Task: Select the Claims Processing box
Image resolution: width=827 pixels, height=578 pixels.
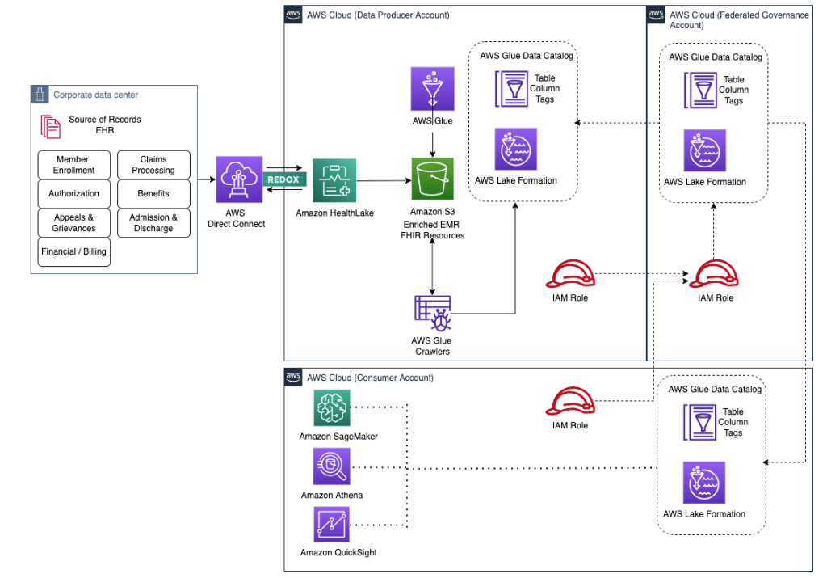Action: pyautogui.click(x=153, y=165)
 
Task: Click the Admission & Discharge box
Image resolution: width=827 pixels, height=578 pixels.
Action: pyautogui.click(x=153, y=222)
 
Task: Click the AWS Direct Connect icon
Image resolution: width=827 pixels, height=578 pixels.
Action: pyautogui.click(x=239, y=179)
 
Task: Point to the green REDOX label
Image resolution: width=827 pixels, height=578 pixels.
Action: pyautogui.click(x=283, y=179)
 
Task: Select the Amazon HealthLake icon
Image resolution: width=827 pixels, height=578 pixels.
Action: pyautogui.click(x=334, y=180)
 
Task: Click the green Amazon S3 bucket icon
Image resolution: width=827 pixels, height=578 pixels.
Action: pyautogui.click(x=433, y=179)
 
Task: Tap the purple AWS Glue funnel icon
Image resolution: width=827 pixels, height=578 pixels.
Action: pyautogui.click(x=433, y=89)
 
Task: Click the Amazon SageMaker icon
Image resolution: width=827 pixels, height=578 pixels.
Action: pyautogui.click(x=332, y=408)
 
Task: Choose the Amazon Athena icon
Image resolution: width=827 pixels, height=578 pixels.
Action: pyautogui.click(x=332, y=467)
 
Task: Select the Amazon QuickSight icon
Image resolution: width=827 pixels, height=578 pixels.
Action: pyautogui.click(x=332, y=525)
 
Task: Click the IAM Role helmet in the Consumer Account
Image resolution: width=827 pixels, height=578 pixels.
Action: pyautogui.click(x=570, y=402)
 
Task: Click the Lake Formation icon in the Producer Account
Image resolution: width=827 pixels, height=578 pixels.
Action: pyautogui.click(x=515, y=149)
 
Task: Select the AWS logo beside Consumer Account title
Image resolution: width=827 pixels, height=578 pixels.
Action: pyautogui.click(x=294, y=377)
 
